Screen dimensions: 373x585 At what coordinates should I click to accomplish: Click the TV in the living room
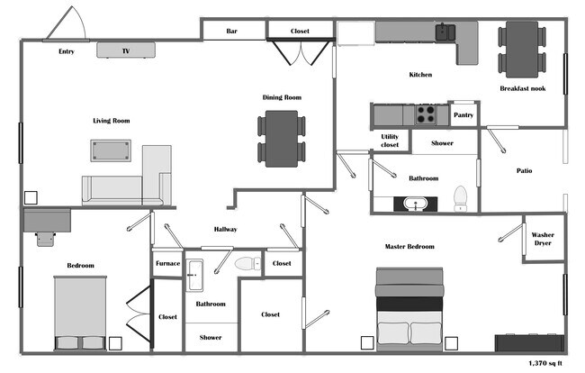(x=126, y=50)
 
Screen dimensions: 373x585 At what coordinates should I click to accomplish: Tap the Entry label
(x=67, y=51)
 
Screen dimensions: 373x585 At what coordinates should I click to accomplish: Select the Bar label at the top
(x=231, y=32)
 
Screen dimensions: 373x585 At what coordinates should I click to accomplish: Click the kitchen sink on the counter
(x=444, y=32)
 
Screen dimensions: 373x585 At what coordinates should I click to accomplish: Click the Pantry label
(x=463, y=114)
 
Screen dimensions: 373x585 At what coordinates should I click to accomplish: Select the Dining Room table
(x=282, y=139)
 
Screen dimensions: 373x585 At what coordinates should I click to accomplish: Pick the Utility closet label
(x=390, y=141)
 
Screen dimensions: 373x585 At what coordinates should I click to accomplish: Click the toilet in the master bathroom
(x=460, y=197)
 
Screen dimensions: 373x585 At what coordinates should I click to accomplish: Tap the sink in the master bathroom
(x=417, y=203)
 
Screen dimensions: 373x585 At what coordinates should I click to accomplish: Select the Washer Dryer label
(x=543, y=239)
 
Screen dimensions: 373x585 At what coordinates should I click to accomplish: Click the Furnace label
(x=167, y=263)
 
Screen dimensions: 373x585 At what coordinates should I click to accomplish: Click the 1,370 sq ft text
(x=544, y=364)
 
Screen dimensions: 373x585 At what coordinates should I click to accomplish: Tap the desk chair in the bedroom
(x=44, y=238)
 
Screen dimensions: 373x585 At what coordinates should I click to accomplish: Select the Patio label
(x=524, y=170)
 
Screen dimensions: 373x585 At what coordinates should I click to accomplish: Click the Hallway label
(x=225, y=229)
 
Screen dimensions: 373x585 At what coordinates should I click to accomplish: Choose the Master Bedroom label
(x=409, y=246)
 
